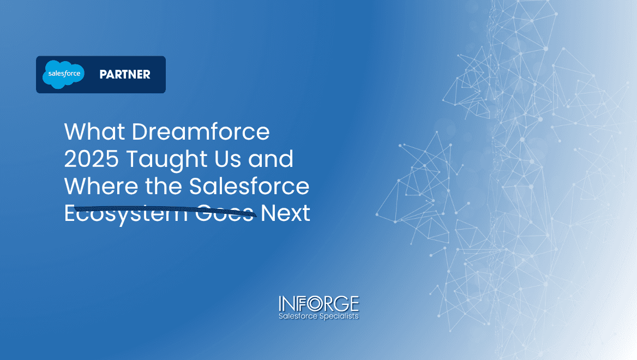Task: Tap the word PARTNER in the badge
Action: point(125,75)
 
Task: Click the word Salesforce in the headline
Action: point(249,187)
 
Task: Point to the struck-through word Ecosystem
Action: point(127,213)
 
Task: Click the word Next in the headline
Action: point(285,213)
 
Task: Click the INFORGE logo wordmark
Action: point(318,303)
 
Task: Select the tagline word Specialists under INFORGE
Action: point(339,316)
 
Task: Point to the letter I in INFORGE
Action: point(281,303)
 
